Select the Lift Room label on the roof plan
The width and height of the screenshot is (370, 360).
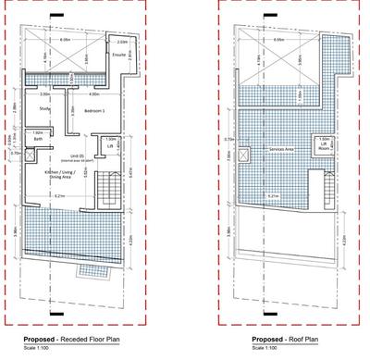click(x=324, y=147)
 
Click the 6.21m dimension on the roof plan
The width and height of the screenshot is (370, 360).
click(x=275, y=197)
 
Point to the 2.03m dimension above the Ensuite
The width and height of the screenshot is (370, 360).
click(x=122, y=43)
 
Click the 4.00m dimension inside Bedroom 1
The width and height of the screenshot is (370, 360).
click(x=92, y=93)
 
